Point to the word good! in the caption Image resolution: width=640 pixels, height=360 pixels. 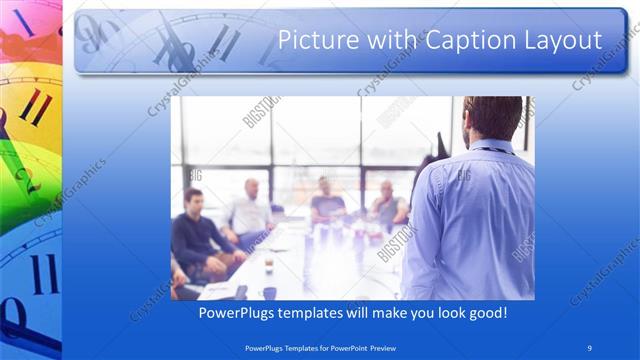(486, 313)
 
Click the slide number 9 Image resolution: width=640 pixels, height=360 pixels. (590, 347)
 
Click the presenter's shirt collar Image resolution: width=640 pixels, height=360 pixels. (481, 144)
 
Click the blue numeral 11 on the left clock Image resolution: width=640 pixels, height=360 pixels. (42, 272)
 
